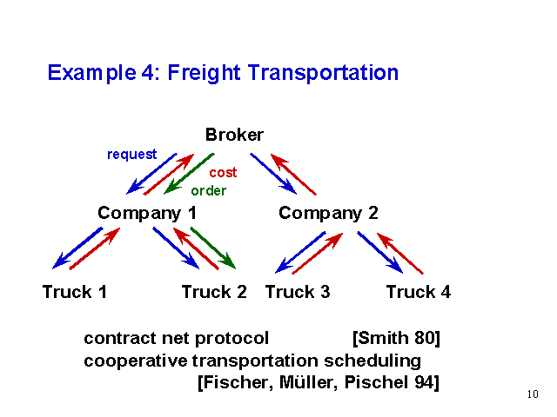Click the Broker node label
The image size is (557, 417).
click(x=234, y=135)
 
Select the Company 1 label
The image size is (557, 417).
click(x=147, y=214)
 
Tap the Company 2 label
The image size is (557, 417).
click(x=328, y=214)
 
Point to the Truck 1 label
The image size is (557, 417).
click(x=75, y=292)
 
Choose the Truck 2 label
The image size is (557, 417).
click(x=214, y=292)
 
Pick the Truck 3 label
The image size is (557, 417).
click(x=298, y=292)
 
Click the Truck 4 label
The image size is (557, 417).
click(x=419, y=292)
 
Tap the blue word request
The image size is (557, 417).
click(x=131, y=155)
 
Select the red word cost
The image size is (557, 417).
click(x=223, y=173)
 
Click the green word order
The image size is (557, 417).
click(x=209, y=191)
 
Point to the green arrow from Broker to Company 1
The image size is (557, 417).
click(x=189, y=174)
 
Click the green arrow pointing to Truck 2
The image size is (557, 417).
click(x=213, y=248)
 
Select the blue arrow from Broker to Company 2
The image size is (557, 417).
click(x=273, y=174)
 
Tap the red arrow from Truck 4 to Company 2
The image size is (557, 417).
click(x=400, y=253)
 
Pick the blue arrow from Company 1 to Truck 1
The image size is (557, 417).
click(x=77, y=248)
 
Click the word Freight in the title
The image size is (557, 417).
click(x=204, y=73)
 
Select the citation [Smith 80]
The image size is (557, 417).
click(x=396, y=338)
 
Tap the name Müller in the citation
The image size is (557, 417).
click(x=308, y=382)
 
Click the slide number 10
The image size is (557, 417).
click(x=533, y=394)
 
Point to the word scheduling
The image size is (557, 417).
click(x=372, y=361)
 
